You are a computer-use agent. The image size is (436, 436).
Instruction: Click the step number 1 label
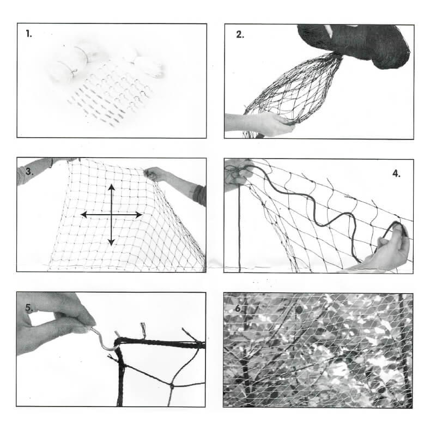click(29, 34)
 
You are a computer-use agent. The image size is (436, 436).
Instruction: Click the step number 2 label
click(240, 34)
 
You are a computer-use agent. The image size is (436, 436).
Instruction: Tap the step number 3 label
click(29, 172)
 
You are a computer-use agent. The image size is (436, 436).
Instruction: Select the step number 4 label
click(396, 173)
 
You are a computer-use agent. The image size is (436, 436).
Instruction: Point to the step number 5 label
click(29, 307)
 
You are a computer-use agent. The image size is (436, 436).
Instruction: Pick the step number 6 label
click(239, 308)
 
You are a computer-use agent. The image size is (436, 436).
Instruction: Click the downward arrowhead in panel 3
click(111, 243)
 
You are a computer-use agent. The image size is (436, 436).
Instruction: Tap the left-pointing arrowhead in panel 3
click(84, 215)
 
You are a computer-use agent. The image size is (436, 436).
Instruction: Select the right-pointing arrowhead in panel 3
click(139, 215)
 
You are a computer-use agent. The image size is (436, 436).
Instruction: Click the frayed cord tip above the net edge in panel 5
click(143, 329)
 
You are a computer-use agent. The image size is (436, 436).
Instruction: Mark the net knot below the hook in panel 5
click(172, 386)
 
